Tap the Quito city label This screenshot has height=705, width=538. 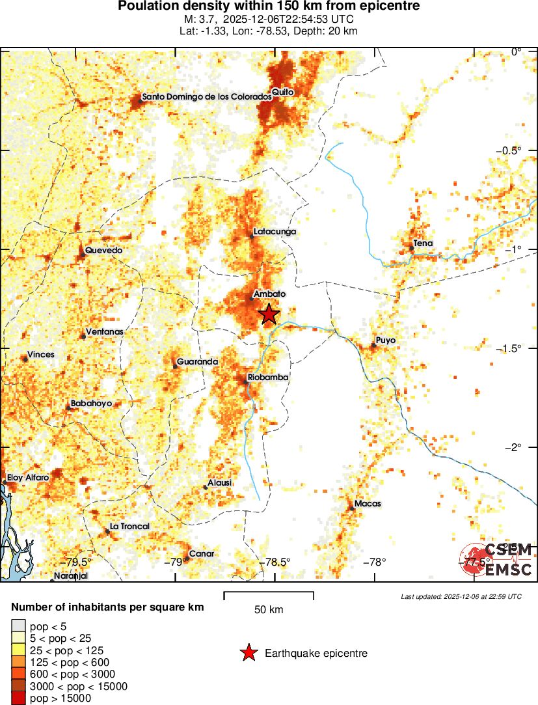pyautogui.click(x=283, y=92)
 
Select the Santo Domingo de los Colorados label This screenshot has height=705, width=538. pyautogui.click(x=206, y=97)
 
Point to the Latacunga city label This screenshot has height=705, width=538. pyautogui.click(x=274, y=232)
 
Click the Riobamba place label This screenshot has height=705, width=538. pyautogui.click(x=267, y=378)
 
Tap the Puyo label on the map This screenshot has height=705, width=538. pyautogui.click(x=385, y=340)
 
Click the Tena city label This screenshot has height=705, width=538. pyautogui.click(x=423, y=244)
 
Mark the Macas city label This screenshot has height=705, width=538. pyautogui.click(x=368, y=504)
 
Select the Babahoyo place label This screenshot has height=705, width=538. pyautogui.click(x=91, y=404)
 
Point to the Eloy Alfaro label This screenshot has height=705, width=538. pyautogui.click(x=28, y=478)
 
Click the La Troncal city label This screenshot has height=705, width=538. pyautogui.click(x=129, y=527)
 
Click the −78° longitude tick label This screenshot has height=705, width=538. pyautogui.click(x=375, y=562)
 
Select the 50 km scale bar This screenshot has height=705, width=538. pyautogui.click(x=269, y=594)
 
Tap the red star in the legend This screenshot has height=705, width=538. pyautogui.click(x=249, y=653)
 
